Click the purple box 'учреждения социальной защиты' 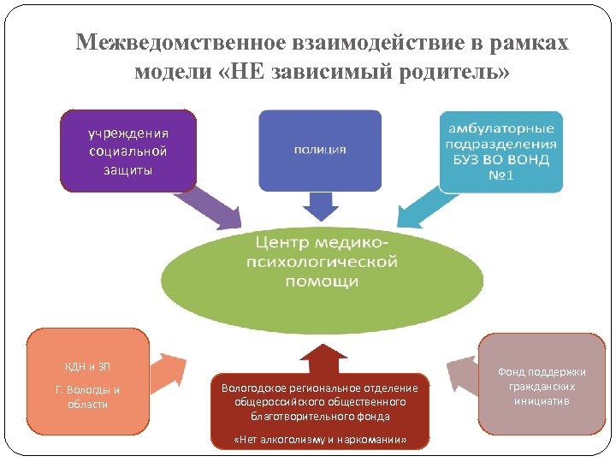(x=128, y=150)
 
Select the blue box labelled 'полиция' (x=320, y=150)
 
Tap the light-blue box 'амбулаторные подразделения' (x=501, y=151)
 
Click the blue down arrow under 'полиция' (x=322, y=205)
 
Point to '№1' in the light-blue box (x=501, y=175)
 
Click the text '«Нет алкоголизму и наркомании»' (x=320, y=440)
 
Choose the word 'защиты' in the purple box (x=128, y=169)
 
